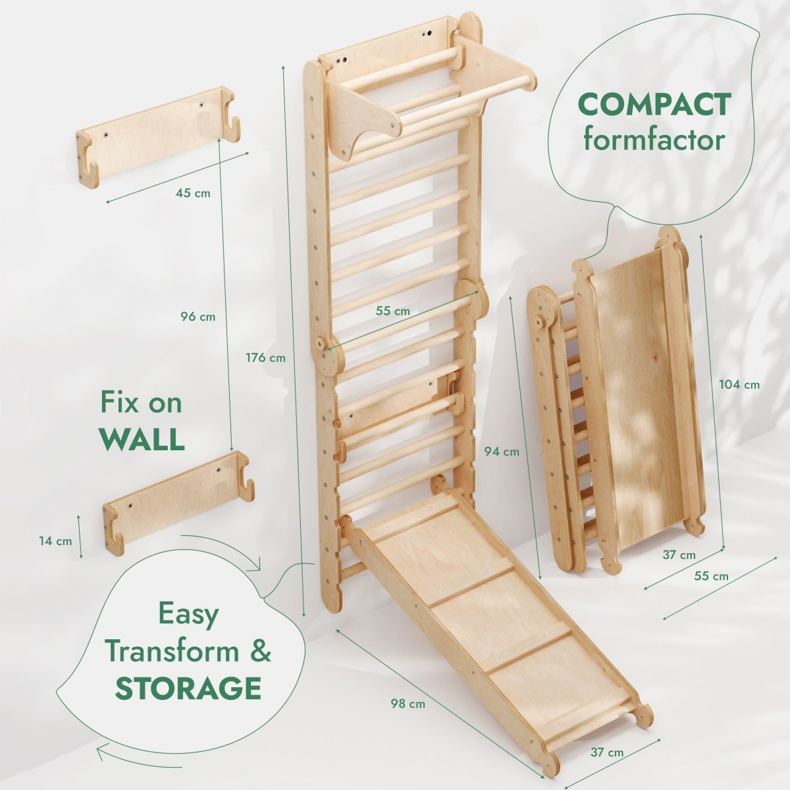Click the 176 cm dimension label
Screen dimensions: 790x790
click(x=267, y=358)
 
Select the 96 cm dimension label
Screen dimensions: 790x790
click(x=197, y=317)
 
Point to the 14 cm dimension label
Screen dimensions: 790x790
click(x=55, y=541)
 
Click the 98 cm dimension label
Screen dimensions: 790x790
click(x=408, y=704)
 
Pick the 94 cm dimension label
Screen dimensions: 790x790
click(x=502, y=452)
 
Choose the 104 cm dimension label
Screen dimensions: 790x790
click(x=741, y=384)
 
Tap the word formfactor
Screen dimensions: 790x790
click(x=654, y=140)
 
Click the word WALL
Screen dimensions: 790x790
click(x=142, y=439)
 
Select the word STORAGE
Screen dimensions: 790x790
click(x=188, y=688)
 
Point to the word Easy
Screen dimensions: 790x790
click(x=188, y=614)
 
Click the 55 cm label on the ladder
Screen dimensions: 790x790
click(x=393, y=311)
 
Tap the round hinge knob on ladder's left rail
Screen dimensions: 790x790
click(x=323, y=344)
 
